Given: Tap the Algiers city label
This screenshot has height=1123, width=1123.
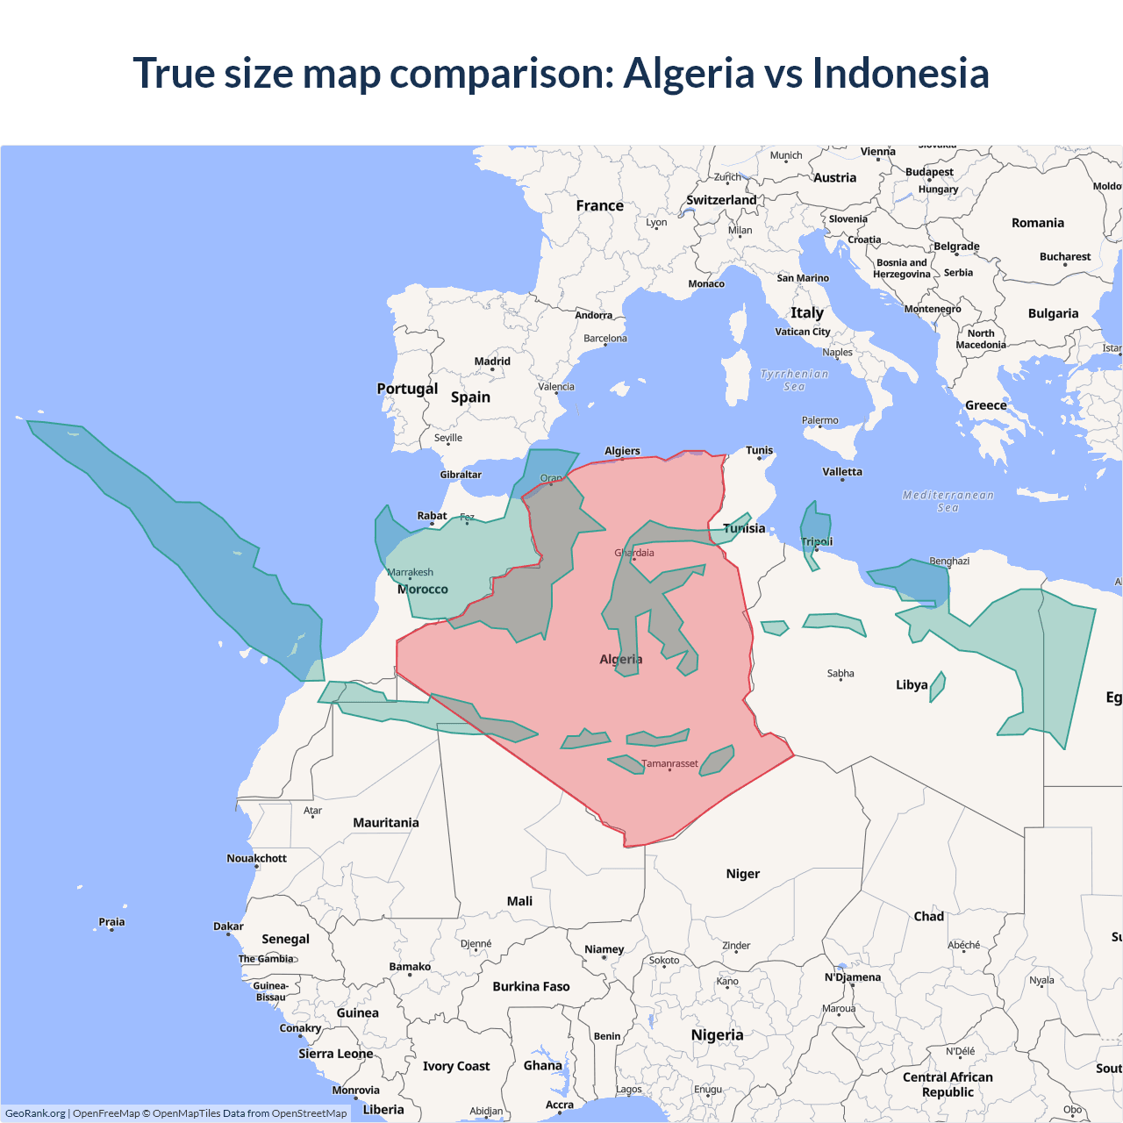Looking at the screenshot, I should [622, 451].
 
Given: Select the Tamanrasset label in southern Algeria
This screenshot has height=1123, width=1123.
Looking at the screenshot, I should [669, 763].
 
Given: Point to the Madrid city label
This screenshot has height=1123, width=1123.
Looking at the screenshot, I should [492, 361].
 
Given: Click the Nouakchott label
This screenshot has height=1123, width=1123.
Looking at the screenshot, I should [256, 858].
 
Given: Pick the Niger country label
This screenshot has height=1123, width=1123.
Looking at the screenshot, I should [742, 874].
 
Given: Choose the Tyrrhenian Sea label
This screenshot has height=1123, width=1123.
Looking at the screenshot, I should [794, 380].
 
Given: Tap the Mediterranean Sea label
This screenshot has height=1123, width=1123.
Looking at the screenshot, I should [948, 501].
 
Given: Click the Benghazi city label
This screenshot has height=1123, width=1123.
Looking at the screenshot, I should [949, 561].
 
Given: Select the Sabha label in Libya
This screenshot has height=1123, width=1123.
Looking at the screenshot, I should [840, 674].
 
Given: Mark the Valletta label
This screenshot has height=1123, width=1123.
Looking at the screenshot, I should [842, 472].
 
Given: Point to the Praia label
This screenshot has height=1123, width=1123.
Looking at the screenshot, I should [111, 922].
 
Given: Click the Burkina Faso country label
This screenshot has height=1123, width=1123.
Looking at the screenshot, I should [531, 986].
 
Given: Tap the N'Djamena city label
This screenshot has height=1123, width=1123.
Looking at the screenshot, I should [853, 977].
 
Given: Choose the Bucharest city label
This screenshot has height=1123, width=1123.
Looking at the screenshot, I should [1065, 257].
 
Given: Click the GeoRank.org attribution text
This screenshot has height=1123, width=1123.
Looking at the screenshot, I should [35, 1113].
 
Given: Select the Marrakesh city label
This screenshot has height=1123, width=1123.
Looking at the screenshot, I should [410, 572].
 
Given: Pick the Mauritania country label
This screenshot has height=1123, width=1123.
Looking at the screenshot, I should [386, 823].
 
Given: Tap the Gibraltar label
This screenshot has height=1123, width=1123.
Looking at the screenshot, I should [461, 475].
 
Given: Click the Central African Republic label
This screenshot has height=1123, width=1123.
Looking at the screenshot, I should [948, 1084].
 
